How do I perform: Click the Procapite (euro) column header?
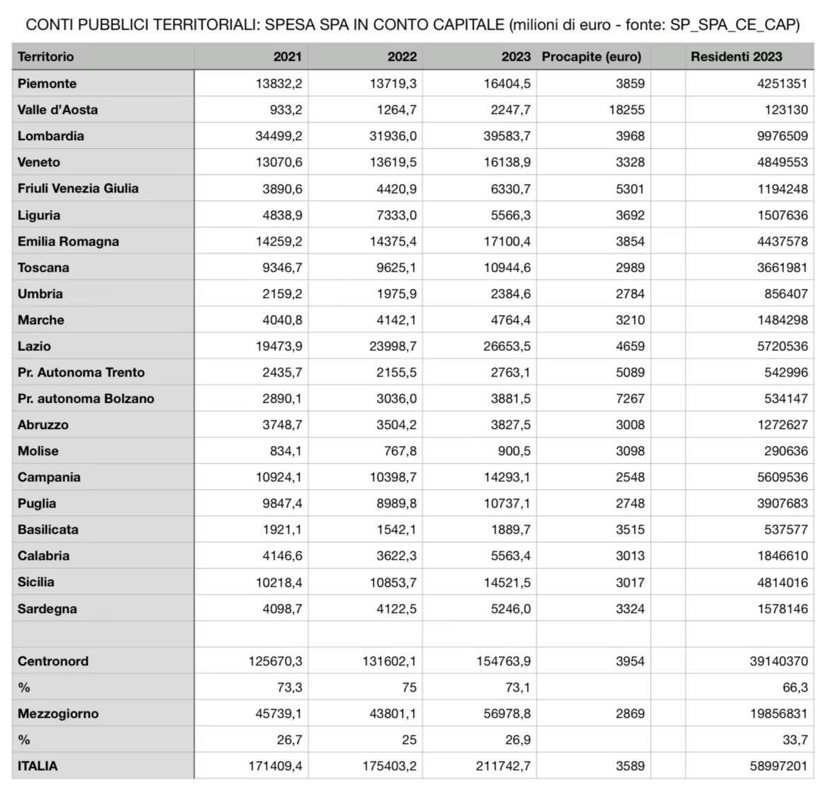click(591, 57)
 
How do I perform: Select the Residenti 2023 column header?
click(736, 57)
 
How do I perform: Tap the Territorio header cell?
click(45, 57)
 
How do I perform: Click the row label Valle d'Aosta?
click(57, 110)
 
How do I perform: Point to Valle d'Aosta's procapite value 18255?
click(627, 110)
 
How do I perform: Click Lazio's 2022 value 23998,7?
click(393, 346)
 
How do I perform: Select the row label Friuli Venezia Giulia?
click(78, 188)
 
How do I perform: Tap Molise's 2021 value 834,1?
click(283, 451)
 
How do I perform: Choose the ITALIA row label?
click(38, 766)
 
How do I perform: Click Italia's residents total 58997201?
click(778, 766)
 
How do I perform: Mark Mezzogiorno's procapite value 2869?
click(630, 714)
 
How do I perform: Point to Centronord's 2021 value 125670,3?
click(275, 661)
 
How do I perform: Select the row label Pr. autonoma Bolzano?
click(86, 399)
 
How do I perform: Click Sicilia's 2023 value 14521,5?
click(505, 582)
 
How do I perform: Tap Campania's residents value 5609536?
click(782, 477)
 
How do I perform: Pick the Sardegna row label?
click(47, 609)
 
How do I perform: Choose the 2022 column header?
click(402, 57)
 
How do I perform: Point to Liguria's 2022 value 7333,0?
click(396, 215)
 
